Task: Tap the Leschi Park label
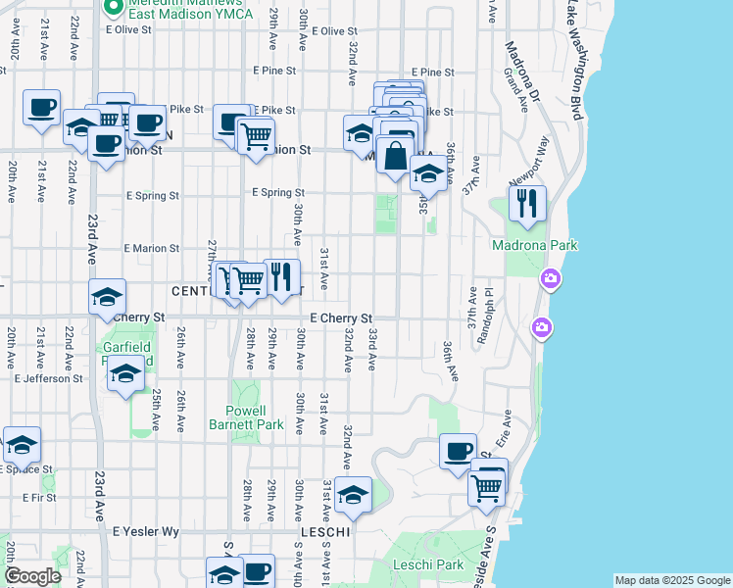427,564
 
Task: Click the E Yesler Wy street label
146,531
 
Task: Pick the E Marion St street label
151,249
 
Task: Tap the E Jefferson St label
48,378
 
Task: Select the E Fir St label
30,498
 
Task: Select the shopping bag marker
395,156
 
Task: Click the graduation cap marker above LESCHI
353,495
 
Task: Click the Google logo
32,576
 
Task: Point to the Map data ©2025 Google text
672,580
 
